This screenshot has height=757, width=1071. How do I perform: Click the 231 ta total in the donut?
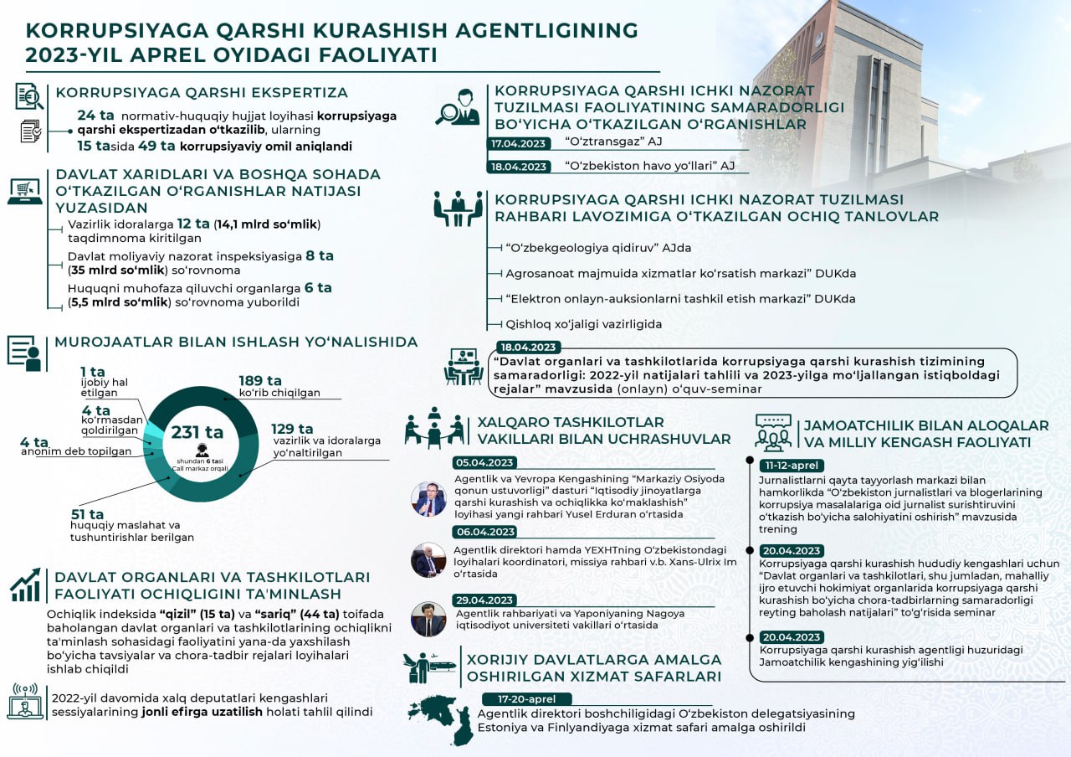[x=197, y=432]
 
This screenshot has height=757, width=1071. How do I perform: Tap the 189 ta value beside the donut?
[x=256, y=381]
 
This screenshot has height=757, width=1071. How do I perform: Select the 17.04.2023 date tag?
[x=519, y=143]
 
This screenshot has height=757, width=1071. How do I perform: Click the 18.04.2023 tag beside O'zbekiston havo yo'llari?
[x=519, y=166]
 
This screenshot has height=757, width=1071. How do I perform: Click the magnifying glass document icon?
[x=29, y=96]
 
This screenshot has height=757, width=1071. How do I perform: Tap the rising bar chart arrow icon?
[x=25, y=584]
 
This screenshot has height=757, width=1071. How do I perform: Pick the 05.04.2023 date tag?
[x=484, y=462]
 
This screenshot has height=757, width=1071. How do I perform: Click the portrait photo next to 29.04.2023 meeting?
[x=428, y=620]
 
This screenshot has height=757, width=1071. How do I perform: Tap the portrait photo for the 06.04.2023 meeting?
[x=428, y=559]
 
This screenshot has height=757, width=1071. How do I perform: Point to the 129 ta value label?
[x=292, y=430]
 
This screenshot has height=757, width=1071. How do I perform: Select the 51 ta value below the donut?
[x=87, y=514]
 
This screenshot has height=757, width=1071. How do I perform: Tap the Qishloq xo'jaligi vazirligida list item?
[x=584, y=324]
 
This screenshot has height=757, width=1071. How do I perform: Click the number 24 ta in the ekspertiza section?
[x=94, y=116]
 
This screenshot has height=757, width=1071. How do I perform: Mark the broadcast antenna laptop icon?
[x=25, y=701]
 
